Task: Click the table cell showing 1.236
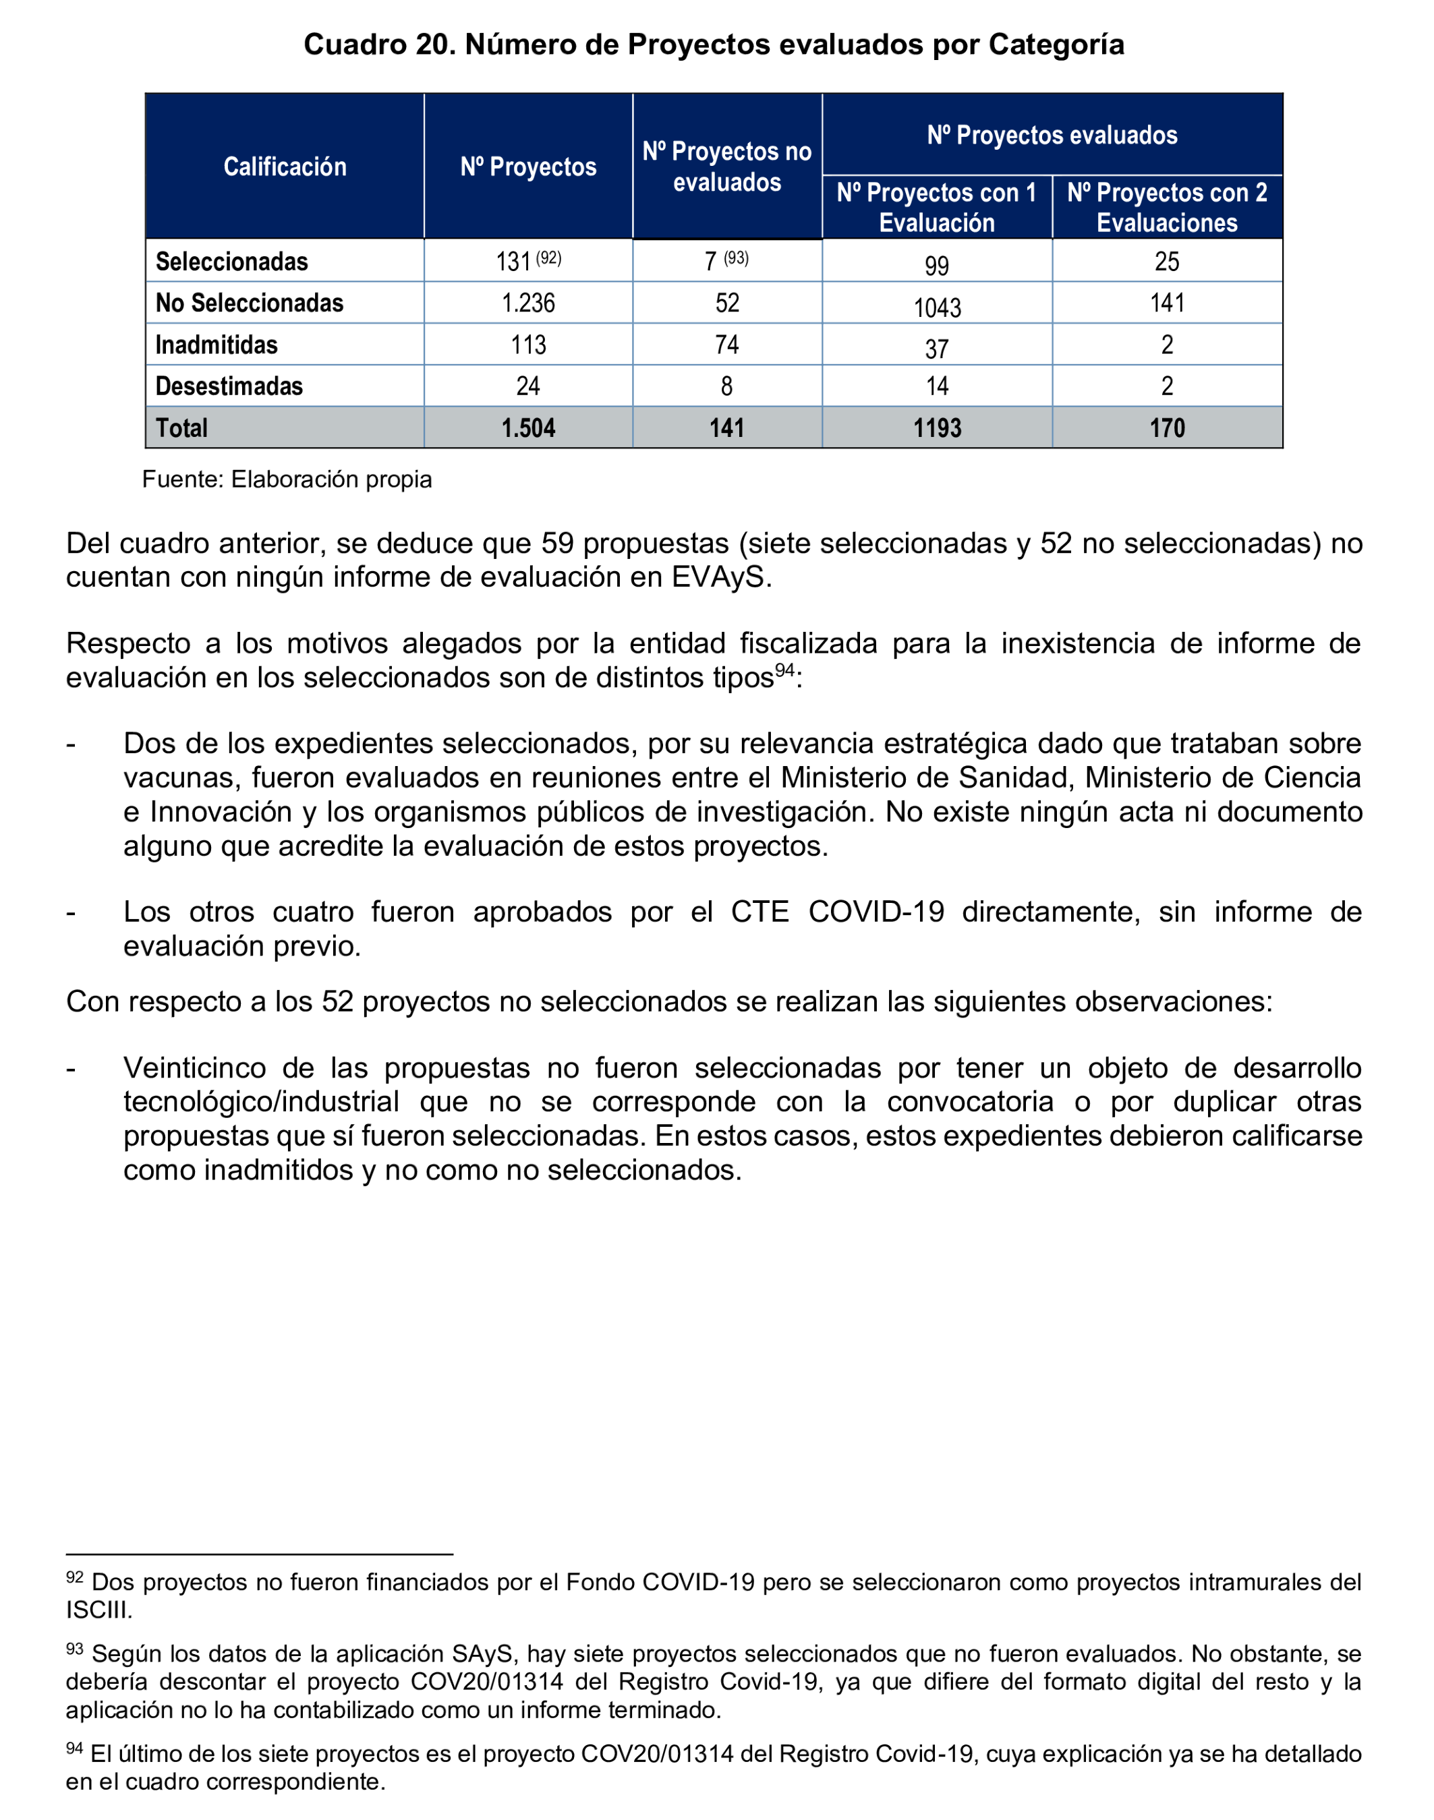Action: pos(528,303)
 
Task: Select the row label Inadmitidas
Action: pos(217,345)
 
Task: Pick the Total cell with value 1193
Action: pos(937,428)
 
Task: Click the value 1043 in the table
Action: pos(937,307)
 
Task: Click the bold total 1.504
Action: pos(528,428)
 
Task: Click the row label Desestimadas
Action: pos(229,386)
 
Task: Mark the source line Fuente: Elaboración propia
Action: pos(287,479)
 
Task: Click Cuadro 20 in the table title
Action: pos(378,45)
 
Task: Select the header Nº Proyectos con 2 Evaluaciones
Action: pos(1167,207)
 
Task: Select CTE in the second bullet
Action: pos(759,912)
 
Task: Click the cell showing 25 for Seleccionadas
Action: pos(1167,262)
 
